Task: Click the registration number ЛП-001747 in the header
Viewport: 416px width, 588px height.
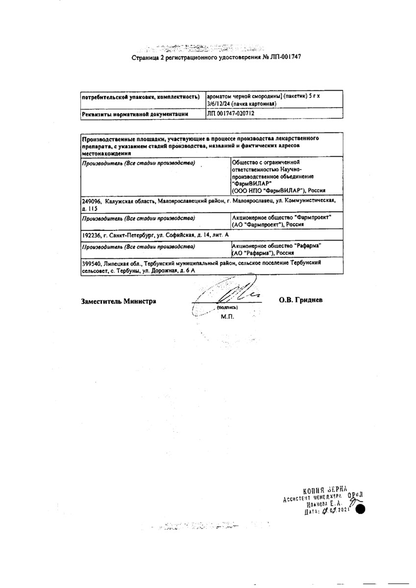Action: pos(283,57)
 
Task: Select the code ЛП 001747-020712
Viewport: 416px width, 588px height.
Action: pos(231,113)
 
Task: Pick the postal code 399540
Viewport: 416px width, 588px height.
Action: pos(92,263)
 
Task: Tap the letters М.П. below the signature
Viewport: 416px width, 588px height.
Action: pos(227,317)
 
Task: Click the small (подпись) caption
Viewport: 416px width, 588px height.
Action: pos(227,307)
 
